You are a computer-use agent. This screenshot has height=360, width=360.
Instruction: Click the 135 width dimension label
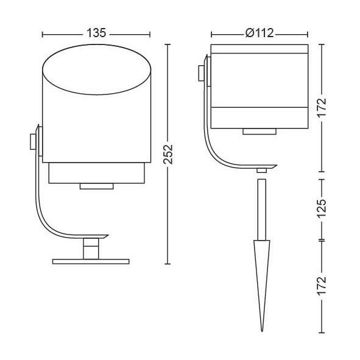96,33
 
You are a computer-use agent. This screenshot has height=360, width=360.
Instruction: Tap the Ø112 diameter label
259,33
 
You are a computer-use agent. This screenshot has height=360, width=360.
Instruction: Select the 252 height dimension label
168,154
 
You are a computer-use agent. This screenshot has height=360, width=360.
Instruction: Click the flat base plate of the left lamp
91,261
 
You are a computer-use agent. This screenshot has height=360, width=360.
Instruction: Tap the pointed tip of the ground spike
262,331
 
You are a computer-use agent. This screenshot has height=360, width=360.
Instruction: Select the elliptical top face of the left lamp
97,69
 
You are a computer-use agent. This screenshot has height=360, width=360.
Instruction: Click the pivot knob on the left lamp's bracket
33,142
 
